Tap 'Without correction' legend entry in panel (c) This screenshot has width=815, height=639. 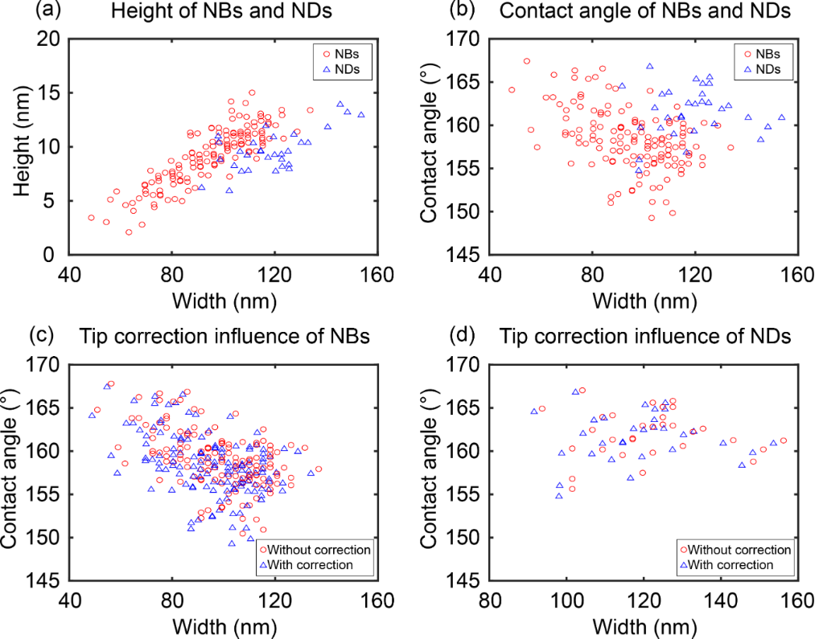313,550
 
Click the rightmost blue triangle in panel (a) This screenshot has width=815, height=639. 361,114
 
